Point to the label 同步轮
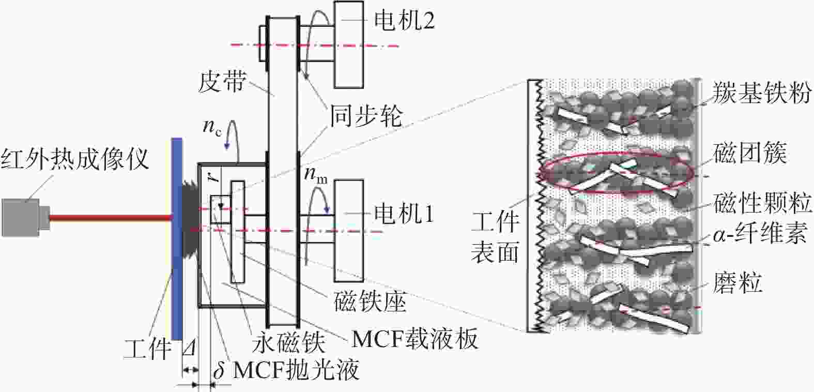[x=365, y=116]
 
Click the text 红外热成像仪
[x=74, y=159]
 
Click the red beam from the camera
[x=110, y=218]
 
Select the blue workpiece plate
[x=177, y=239]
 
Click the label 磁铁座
[x=370, y=301]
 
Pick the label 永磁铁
[x=288, y=342]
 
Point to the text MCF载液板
[x=415, y=339]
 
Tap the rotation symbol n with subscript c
[x=212, y=127]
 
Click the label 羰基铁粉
[x=762, y=93]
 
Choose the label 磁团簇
[x=750, y=153]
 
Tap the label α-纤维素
[x=760, y=233]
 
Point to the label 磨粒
[x=737, y=282]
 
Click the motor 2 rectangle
[x=349, y=44]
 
